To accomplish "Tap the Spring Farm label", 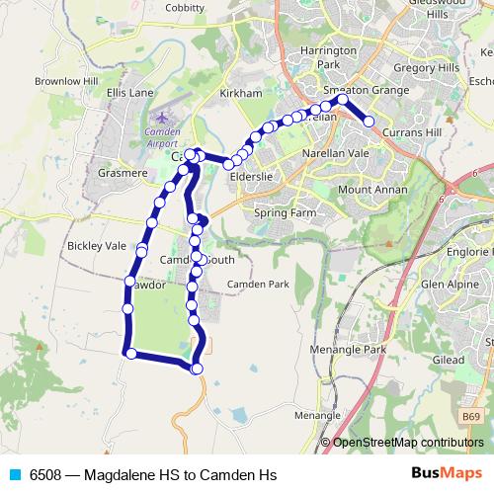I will point(285,211).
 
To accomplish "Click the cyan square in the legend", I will point(14,474).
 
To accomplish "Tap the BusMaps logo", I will point(448,473).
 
